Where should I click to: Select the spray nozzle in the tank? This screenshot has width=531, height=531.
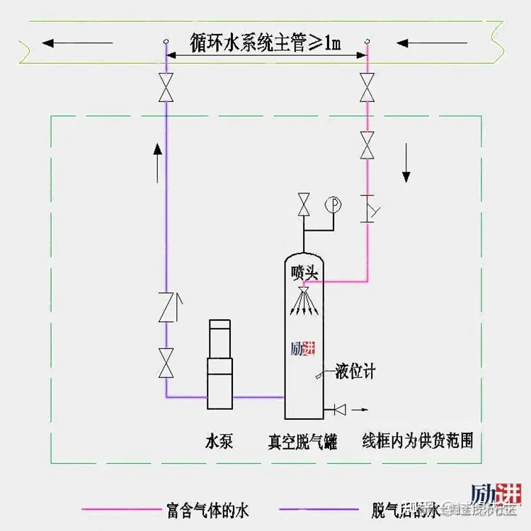(304, 292)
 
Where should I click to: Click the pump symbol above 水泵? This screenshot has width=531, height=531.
(219, 365)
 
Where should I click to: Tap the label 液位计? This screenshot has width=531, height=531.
(355, 371)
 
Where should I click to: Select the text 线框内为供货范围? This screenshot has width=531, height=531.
(417, 440)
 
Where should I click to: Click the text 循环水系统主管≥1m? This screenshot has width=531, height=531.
(266, 42)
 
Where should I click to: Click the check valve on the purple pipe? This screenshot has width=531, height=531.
(166, 307)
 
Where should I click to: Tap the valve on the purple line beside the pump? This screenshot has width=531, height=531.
(166, 362)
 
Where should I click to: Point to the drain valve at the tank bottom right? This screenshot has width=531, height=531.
(338, 409)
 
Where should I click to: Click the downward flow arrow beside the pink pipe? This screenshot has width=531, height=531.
(406, 162)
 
